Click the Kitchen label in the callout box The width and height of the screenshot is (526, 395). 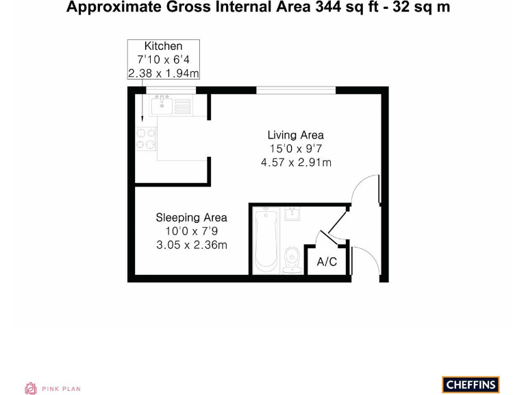163,46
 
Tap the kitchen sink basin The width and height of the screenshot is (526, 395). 163,106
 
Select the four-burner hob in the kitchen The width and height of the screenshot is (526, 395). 146,139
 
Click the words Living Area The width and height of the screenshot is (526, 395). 295,135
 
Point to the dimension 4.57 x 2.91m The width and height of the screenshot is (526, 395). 295,163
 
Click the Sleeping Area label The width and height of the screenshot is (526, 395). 191,217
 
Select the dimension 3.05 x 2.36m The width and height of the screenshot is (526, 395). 191,245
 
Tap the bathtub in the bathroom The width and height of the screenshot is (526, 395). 265,241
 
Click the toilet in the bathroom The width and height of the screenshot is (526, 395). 292,260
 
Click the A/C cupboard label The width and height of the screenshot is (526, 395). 327,262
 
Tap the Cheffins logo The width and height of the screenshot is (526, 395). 471,385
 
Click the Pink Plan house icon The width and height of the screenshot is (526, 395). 31,388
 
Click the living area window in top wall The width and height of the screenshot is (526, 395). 296,89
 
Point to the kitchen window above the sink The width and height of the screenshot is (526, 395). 171,89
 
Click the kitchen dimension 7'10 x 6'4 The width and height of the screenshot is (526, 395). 163,60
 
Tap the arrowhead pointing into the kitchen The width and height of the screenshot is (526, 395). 142,118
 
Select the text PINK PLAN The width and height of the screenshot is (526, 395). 62,389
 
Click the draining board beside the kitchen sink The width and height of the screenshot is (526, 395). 182,106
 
